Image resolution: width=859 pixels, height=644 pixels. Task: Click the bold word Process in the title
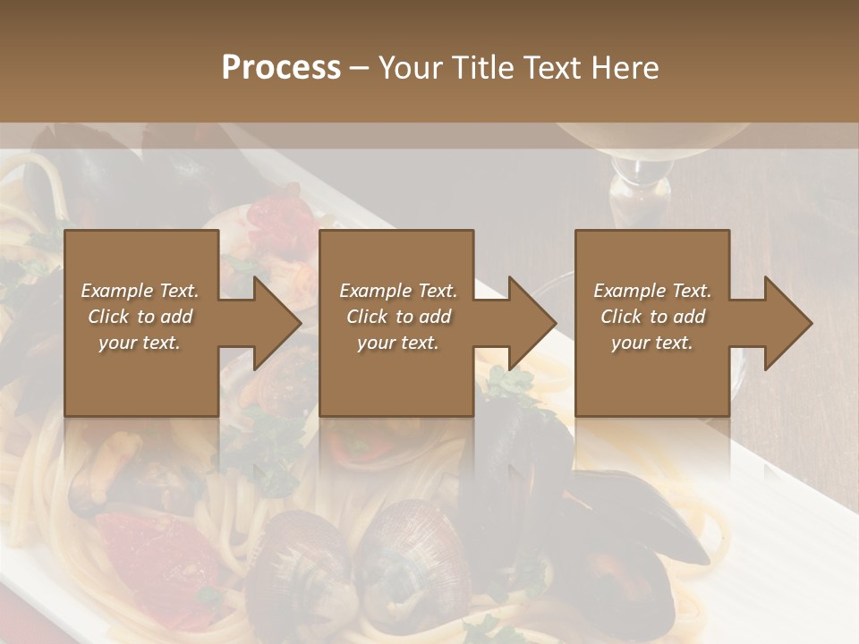(281, 68)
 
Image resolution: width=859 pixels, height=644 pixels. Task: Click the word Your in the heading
(412, 68)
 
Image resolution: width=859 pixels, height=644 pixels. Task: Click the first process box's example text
(140, 317)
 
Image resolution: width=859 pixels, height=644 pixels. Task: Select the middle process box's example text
(398, 317)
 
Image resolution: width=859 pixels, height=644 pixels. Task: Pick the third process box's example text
(652, 317)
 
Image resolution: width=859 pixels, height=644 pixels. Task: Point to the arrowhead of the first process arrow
(277, 323)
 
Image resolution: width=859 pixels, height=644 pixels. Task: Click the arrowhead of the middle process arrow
(532, 323)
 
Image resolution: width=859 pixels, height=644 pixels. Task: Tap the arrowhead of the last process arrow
(788, 323)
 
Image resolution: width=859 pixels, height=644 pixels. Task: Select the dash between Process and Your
(359, 68)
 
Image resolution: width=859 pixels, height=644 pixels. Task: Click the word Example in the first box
(117, 291)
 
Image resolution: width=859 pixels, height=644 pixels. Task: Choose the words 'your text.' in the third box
(652, 343)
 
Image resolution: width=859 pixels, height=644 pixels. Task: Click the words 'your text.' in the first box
(140, 343)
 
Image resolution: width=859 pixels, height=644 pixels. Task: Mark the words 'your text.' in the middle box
(398, 343)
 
